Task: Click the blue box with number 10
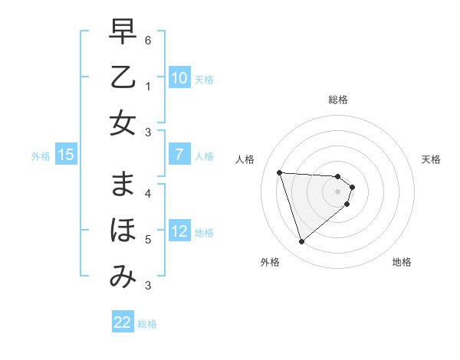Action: (179, 78)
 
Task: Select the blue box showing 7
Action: (179, 155)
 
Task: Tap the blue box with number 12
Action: (179, 231)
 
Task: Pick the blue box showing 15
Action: (65, 155)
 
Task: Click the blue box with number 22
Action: (123, 322)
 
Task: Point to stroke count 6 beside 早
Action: (147, 39)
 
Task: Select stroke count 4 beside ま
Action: (147, 192)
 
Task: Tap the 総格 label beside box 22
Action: (147, 324)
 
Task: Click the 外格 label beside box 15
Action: (41, 156)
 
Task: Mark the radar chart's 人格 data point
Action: (280, 172)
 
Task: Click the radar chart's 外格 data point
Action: (301, 242)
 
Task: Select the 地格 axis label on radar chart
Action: (402, 262)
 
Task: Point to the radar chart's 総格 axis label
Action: (338, 100)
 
